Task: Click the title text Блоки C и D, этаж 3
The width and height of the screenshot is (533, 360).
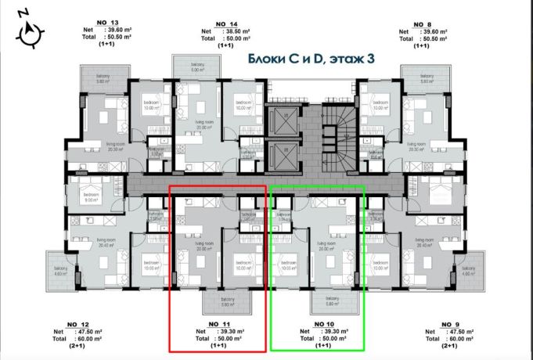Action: pyautogui.click(x=306, y=59)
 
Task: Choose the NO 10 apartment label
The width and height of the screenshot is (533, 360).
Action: pyautogui.click(x=323, y=324)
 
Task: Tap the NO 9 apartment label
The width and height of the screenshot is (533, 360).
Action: pyautogui.click(x=450, y=324)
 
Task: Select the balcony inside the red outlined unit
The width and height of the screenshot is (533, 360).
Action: pyautogui.click(x=227, y=301)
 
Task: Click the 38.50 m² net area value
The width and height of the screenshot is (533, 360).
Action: pyautogui.click(x=235, y=31)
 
